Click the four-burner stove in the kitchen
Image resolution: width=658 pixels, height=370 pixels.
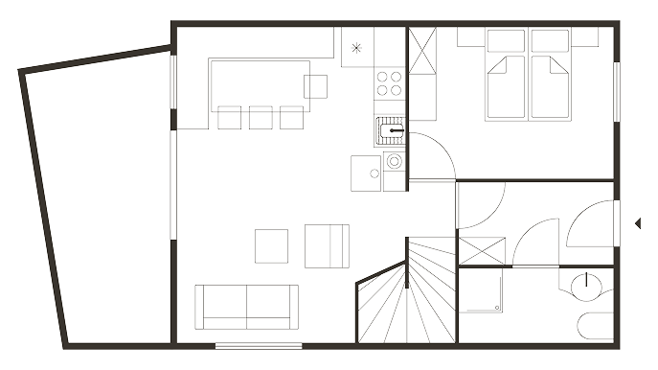(x=390, y=84)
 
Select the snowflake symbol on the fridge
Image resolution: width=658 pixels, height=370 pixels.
(x=356, y=47)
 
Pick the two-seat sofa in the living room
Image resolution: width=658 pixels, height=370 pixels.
(x=246, y=306)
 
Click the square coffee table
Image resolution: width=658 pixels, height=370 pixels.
(x=271, y=245)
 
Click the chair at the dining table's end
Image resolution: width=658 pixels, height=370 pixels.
(x=317, y=85)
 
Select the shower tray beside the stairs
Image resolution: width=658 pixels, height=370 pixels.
(x=481, y=291)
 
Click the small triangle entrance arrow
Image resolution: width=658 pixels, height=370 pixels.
(x=637, y=223)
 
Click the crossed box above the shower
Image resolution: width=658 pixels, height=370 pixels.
(x=481, y=252)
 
